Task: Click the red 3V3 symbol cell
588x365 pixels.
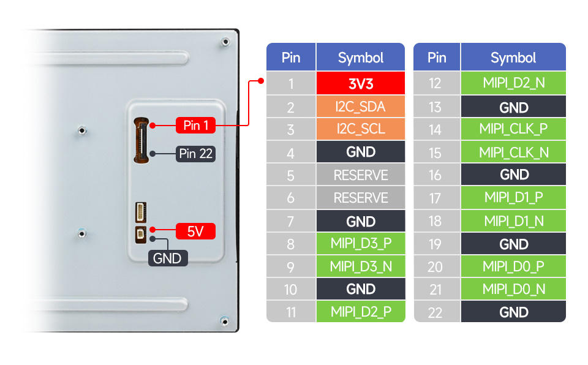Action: coord(361,83)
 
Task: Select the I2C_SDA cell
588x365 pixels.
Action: coord(361,107)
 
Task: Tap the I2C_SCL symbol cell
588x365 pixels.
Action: coord(361,129)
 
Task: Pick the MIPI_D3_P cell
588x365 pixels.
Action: coord(361,243)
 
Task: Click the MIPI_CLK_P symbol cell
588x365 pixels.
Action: coord(513,129)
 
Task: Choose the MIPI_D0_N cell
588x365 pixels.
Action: coord(513,288)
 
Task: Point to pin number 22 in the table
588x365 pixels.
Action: coord(436,312)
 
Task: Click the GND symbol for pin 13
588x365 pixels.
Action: coord(513,107)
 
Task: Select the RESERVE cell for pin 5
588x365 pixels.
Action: coord(361,175)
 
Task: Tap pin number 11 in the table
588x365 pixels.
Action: coord(291,312)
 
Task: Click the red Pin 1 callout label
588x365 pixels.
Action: coord(195,126)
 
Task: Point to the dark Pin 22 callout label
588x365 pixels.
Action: coord(195,153)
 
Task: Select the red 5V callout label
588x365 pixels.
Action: coord(195,231)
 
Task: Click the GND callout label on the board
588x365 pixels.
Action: coord(167,258)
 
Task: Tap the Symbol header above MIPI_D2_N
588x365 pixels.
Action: coord(513,58)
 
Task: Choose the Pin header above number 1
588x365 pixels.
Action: coord(291,58)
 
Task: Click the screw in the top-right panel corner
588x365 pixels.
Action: coord(225,42)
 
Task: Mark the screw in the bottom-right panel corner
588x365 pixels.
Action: coord(225,320)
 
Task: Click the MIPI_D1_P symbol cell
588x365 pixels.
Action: coord(513,198)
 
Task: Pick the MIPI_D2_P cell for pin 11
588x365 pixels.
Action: coord(361,312)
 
